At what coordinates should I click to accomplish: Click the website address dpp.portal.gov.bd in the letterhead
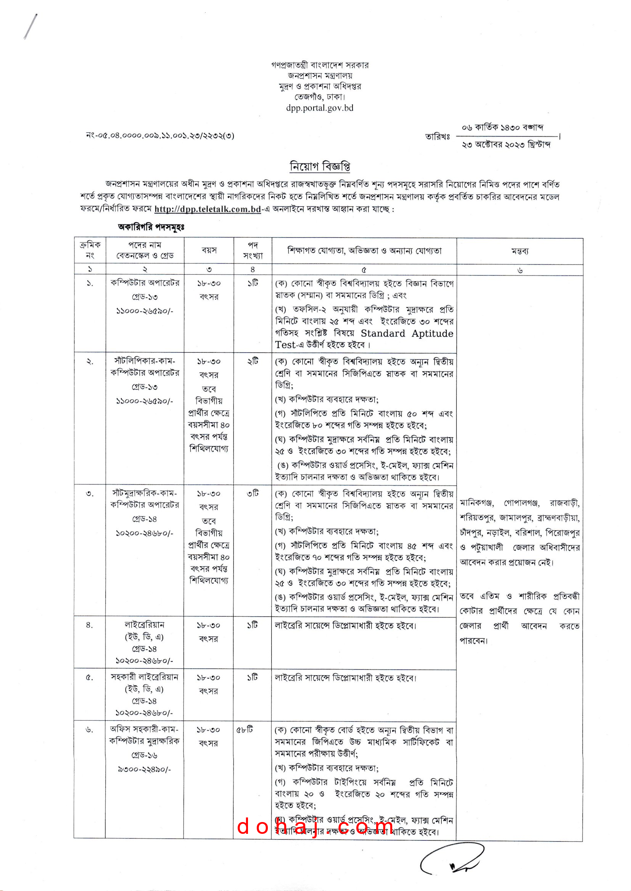tap(319, 108)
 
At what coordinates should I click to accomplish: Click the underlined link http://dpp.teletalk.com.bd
tap(208, 209)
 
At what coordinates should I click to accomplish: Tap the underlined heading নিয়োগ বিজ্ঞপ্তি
tap(319, 166)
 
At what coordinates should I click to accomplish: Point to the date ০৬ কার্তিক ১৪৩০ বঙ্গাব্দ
tap(502, 127)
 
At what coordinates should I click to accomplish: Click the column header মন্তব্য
tap(520, 251)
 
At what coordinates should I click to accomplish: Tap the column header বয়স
tap(209, 250)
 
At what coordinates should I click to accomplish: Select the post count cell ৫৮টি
tap(245, 729)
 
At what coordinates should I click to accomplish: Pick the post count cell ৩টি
tap(253, 493)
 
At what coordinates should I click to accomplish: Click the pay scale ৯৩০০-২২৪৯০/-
tap(144, 769)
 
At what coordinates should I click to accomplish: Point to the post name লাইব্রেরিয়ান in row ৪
tap(144, 624)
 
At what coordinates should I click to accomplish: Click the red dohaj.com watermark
tap(315, 827)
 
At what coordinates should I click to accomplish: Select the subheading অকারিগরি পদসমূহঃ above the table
tap(151, 227)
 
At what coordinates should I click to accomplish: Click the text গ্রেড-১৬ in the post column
tap(144, 755)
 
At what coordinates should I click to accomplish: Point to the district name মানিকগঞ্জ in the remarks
tap(477, 503)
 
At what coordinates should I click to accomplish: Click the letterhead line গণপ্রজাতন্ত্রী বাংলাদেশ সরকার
tap(319, 65)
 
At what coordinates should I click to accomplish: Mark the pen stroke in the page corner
tap(30, 26)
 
